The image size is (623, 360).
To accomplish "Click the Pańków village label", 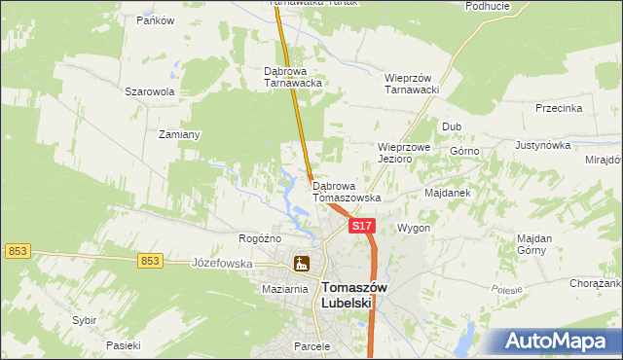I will (155, 19).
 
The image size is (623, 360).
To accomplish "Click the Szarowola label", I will (149, 91).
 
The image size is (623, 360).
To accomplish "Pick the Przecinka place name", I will (559, 109).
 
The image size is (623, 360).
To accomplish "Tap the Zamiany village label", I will (179, 134).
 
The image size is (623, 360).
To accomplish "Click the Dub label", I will (452, 126).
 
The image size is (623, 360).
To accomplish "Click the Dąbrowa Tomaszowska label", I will (347, 191).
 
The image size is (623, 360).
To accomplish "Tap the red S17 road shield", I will (361, 226).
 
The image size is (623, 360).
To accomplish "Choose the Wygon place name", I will (413, 228).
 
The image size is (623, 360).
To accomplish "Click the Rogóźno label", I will (260, 238).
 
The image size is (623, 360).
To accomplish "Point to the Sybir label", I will (84, 320).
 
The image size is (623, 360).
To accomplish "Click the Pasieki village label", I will (124, 345).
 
